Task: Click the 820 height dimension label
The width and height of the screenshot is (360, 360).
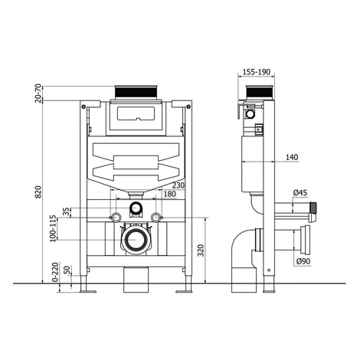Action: pyautogui.click(x=38, y=192)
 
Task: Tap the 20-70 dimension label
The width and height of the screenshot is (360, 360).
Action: pyautogui.click(x=38, y=93)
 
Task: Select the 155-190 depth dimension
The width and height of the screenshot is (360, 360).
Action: pyautogui.click(x=256, y=72)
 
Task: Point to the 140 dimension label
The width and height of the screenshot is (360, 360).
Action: pyautogui.click(x=292, y=157)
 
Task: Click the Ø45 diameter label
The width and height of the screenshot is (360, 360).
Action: pyautogui.click(x=300, y=193)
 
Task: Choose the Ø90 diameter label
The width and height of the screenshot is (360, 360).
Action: pyautogui.click(x=303, y=261)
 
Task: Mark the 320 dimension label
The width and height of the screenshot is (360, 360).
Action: pyautogui.click(x=201, y=250)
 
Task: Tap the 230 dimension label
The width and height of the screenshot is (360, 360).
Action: pyautogui.click(x=178, y=185)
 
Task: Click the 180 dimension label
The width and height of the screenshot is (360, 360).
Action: pyautogui.click(x=170, y=194)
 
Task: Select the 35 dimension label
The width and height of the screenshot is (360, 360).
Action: pyautogui.click(x=66, y=212)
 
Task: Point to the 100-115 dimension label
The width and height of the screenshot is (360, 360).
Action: pyautogui.click(x=53, y=228)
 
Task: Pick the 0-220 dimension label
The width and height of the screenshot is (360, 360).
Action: pyautogui.click(x=55, y=272)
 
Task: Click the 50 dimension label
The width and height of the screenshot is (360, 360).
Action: pyautogui.click(x=67, y=270)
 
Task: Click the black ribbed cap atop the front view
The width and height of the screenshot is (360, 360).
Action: pyautogui.click(x=136, y=92)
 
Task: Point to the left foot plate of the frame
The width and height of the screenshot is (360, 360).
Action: pyautogui.click(x=88, y=291)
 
